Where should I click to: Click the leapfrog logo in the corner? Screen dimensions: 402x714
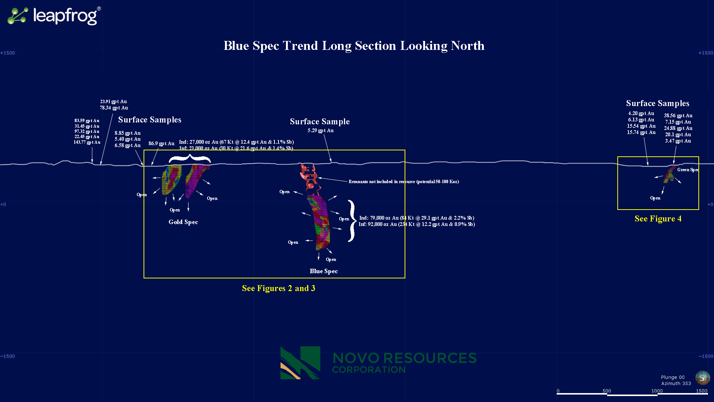(x=54, y=16)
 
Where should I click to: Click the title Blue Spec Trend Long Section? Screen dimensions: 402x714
(x=354, y=46)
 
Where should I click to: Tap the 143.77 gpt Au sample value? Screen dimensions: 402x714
(x=87, y=142)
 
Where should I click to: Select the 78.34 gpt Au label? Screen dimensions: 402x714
(x=114, y=108)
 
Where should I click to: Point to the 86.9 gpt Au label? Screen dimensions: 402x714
(x=161, y=144)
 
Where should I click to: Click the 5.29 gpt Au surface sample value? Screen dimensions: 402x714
(x=321, y=131)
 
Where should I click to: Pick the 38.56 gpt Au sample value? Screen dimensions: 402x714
(x=678, y=116)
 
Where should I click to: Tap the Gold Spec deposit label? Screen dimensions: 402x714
(x=183, y=222)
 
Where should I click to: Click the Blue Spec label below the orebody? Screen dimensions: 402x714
(x=324, y=271)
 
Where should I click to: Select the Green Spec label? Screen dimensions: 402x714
(x=688, y=170)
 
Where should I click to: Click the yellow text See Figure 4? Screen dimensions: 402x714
(x=658, y=219)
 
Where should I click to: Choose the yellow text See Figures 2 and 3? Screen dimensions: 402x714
(x=279, y=288)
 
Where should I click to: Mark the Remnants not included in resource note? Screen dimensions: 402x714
(x=403, y=182)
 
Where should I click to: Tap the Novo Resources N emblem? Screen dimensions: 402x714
(x=300, y=363)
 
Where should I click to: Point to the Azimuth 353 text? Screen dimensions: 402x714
(x=676, y=383)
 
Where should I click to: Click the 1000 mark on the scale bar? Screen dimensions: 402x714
(x=657, y=391)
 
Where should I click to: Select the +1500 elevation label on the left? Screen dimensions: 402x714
(x=7, y=53)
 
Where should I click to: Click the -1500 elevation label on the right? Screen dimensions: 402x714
(x=705, y=356)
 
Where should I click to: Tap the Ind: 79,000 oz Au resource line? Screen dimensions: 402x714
(x=416, y=218)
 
